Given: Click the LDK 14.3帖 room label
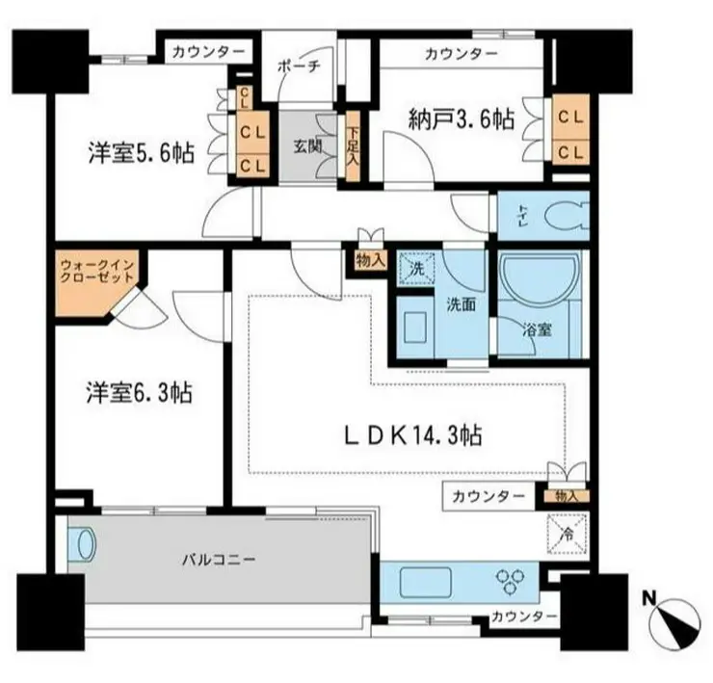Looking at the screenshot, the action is [x=413, y=435].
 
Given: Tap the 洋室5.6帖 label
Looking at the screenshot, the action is [x=142, y=153].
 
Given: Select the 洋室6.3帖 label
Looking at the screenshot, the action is [x=140, y=392].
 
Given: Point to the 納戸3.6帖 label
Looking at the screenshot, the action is [x=462, y=120].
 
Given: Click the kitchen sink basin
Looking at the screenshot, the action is [x=425, y=583].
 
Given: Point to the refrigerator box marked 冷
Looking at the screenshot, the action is [x=568, y=534].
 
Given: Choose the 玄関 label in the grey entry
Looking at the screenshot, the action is [x=308, y=146].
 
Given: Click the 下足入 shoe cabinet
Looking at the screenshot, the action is [x=353, y=146].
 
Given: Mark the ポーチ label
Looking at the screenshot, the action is [x=299, y=66].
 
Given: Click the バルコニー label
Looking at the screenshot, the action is [x=219, y=559].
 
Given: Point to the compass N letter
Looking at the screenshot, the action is [x=648, y=598].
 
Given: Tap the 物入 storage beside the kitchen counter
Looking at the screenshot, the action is [x=567, y=496].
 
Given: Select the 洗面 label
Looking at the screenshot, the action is [x=461, y=304].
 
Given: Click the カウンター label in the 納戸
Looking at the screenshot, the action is [x=462, y=55].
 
